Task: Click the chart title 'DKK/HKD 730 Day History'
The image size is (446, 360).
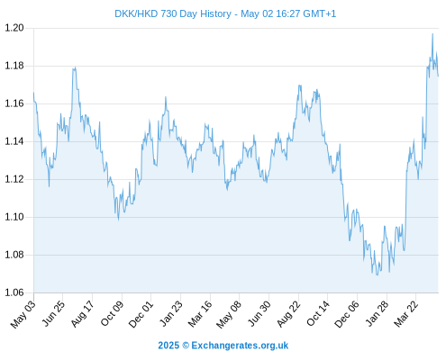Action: point(173,14)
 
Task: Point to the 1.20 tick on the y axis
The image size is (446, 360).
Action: point(14,28)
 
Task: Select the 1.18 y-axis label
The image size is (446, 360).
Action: point(14,66)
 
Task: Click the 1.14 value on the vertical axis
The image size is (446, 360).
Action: point(14,141)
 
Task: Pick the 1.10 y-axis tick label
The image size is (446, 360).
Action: point(14,217)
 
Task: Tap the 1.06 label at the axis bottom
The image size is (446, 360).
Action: point(14,292)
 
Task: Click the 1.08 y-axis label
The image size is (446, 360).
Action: point(14,255)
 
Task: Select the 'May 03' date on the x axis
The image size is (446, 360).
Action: point(23,314)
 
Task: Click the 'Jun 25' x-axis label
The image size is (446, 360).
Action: point(52,314)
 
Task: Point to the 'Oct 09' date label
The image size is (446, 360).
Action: point(112,314)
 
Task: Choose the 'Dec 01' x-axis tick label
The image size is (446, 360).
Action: point(141,314)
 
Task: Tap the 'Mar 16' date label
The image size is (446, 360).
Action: point(200,314)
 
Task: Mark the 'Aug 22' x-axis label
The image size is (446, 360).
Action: point(288,314)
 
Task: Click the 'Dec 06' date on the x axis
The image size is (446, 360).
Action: point(347,314)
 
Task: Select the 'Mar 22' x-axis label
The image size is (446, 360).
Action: point(405,314)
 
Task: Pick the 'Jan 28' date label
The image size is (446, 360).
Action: point(377,314)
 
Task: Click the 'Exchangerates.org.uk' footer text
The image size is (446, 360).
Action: point(240,346)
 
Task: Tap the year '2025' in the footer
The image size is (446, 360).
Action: point(168,346)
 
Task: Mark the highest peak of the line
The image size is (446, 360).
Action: point(432,34)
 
